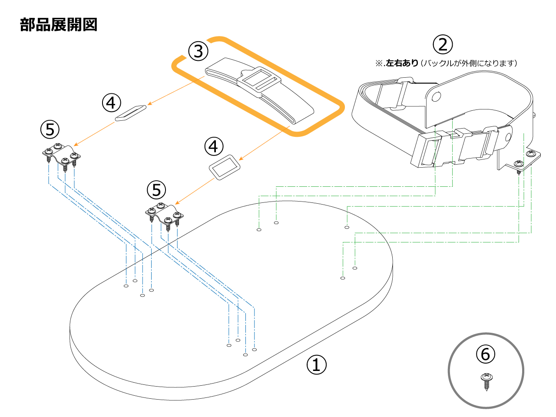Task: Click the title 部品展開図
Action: coord(59,25)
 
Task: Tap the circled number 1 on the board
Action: coord(317,364)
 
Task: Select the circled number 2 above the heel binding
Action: coord(443,44)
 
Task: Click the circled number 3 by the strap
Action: coord(198,51)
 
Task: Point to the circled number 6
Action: coord(486,354)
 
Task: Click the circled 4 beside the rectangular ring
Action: coord(213,146)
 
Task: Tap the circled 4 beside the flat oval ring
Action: coord(111,103)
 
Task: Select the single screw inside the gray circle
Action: coord(486,381)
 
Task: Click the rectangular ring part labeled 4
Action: coord(225,167)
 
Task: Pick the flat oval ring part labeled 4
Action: coord(130,113)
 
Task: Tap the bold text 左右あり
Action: coord(402,63)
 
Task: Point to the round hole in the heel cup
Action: coord(436,96)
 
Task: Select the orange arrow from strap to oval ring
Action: coord(176,90)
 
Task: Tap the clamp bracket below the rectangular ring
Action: coord(164,214)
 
